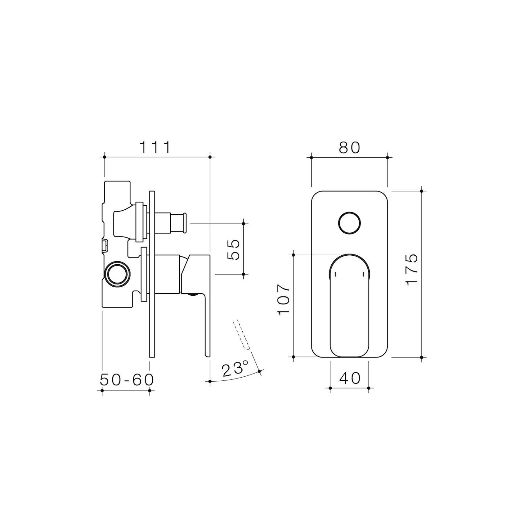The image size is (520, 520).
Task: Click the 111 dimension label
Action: click(x=155, y=147)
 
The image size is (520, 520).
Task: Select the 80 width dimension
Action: click(x=349, y=148)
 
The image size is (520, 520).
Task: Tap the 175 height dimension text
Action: click(x=412, y=268)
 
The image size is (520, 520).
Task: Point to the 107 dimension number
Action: click(x=284, y=300)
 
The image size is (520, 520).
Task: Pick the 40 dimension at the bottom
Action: click(x=350, y=378)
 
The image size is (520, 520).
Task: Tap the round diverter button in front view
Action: click(x=349, y=223)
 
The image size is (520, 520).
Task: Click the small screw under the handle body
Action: click(x=193, y=294)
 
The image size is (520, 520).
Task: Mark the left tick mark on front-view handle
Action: click(x=336, y=274)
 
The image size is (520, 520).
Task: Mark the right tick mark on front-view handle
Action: click(x=363, y=274)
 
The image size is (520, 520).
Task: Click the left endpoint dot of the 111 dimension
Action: click(x=105, y=157)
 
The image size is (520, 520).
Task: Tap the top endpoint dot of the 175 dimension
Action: click(x=422, y=191)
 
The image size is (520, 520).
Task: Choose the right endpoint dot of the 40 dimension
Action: click(x=369, y=388)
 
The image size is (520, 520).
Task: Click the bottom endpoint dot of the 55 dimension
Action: click(x=244, y=274)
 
